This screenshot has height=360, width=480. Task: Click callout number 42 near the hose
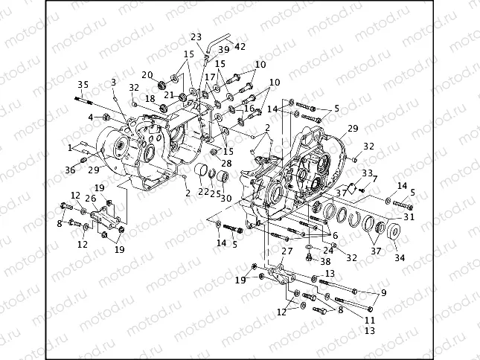(240, 46)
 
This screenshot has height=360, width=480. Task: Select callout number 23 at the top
(196, 36)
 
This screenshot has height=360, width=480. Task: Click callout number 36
(70, 170)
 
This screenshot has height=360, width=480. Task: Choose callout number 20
(148, 74)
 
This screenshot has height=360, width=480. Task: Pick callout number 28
(226, 162)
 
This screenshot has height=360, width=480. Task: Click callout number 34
(400, 257)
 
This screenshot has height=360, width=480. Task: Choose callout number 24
(328, 250)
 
